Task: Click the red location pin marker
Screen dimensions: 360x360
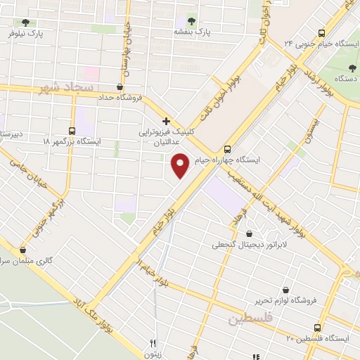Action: (x=180, y=165)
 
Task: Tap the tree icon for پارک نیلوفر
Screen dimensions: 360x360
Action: (x=26, y=22)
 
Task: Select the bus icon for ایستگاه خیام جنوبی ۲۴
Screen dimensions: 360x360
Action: (x=321, y=32)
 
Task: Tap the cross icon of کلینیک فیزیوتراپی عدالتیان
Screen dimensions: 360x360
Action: (x=166, y=121)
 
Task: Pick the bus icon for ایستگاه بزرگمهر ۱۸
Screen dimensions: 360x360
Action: (x=71, y=130)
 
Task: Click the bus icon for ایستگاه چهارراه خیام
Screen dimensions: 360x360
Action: (x=227, y=149)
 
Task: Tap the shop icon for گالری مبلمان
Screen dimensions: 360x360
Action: (x=23, y=249)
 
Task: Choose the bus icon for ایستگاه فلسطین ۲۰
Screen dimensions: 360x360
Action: (x=318, y=328)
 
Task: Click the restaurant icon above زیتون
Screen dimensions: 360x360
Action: (x=153, y=343)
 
